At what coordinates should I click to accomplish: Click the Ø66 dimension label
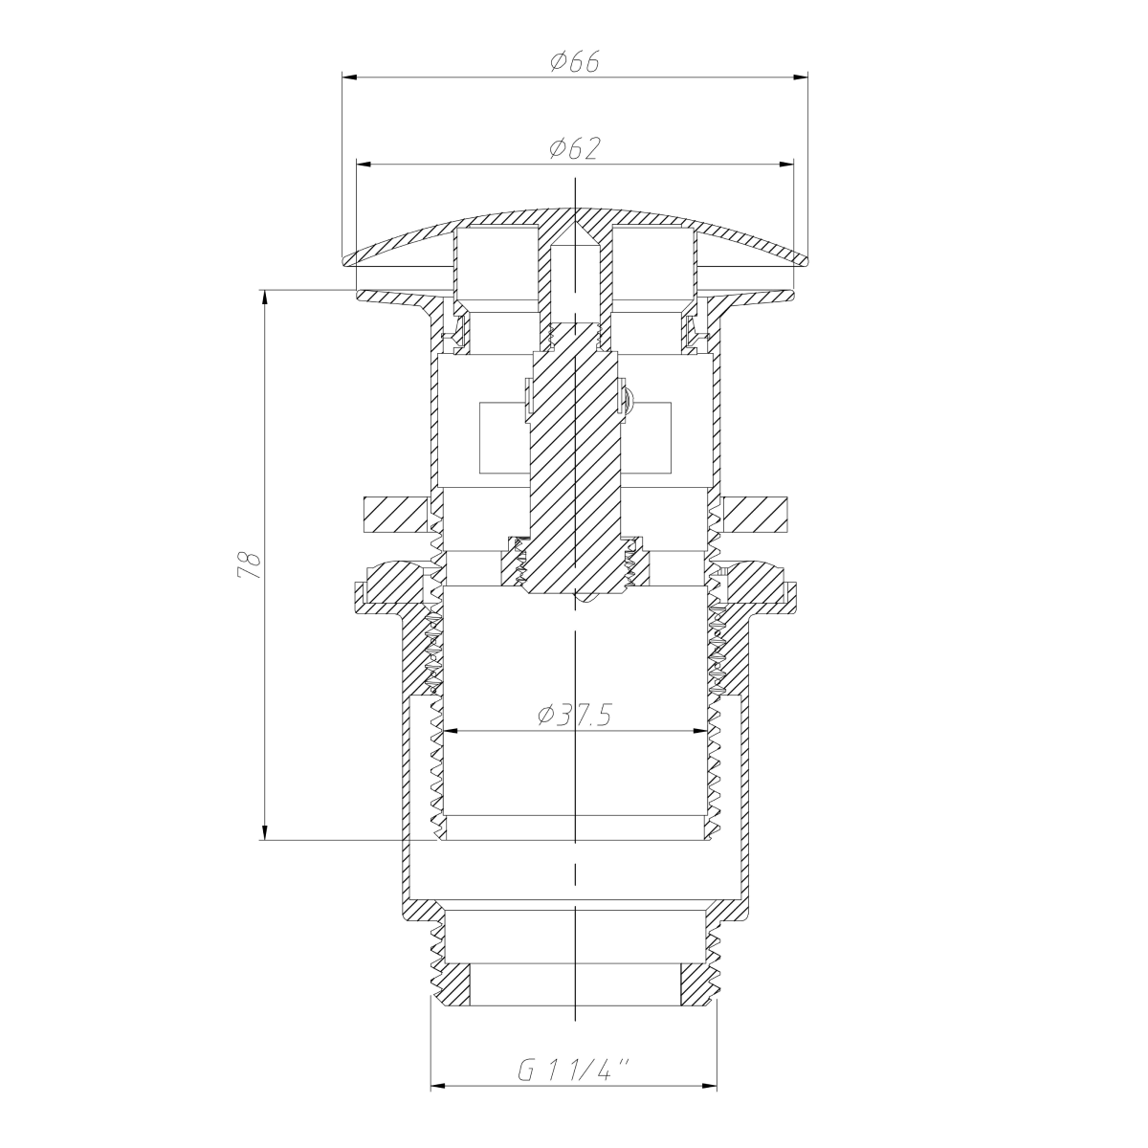pyautogui.click(x=574, y=61)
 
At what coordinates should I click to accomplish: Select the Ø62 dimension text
pyautogui.click(x=574, y=148)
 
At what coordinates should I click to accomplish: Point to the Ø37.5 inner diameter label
pyautogui.click(x=574, y=715)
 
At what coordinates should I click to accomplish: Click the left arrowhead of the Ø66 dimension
pyautogui.click(x=349, y=77)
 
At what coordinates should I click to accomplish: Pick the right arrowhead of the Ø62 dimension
pyautogui.click(x=786, y=164)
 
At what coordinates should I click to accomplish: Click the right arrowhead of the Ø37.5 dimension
pyautogui.click(x=699, y=730)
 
